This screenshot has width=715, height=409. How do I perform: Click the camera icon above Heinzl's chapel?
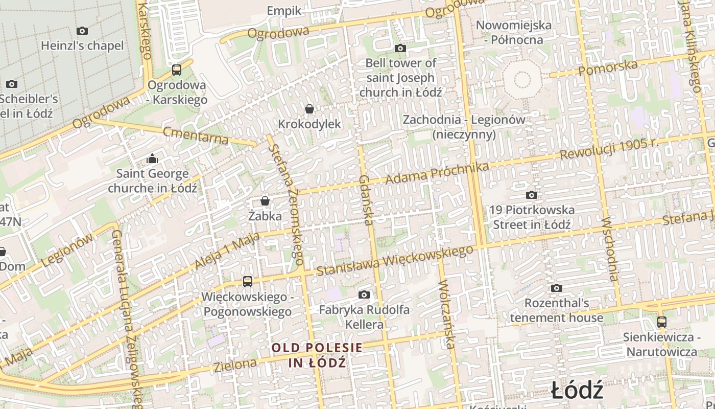tap(82, 31)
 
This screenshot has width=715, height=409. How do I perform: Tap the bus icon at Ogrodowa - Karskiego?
tap(177, 70)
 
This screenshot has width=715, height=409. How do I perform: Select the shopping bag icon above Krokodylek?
tap(309, 109)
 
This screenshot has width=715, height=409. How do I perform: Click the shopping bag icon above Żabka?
tap(265, 201)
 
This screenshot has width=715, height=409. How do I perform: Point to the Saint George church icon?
tap(152, 159)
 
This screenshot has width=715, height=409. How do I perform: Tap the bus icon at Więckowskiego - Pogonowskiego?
tap(247, 281)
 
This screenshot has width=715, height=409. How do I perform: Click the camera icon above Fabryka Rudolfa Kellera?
tap(364, 294)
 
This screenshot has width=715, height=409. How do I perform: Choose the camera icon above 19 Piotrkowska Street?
tap(531, 195)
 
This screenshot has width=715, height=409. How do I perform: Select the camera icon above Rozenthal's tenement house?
tap(556, 288)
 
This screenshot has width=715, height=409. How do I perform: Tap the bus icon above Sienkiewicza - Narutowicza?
tap(662, 322)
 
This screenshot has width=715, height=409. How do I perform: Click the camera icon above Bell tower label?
tap(400, 48)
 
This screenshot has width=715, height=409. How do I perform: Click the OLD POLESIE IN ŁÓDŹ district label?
tap(317, 355)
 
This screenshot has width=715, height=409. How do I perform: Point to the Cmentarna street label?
tap(196, 136)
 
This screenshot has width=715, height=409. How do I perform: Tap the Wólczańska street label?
tap(446, 314)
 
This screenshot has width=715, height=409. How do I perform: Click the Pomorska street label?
tap(608, 67)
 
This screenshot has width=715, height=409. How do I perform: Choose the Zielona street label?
tap(235, 365)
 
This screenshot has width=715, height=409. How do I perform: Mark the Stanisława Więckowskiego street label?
tap(395, 260)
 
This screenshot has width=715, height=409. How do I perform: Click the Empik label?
tap(284, 11)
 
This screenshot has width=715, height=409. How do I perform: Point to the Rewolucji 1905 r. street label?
tap(609, 149)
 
